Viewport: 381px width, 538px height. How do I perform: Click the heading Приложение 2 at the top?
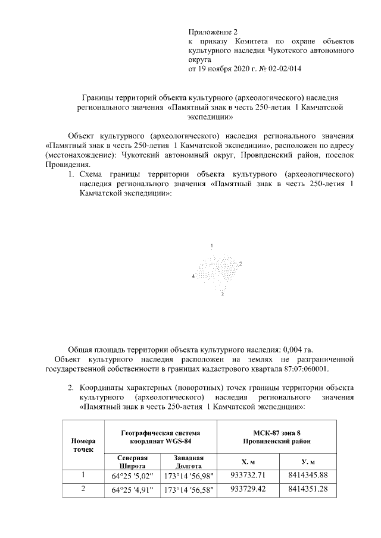[x=213, y=32]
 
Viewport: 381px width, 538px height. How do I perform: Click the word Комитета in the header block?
[x=241, y=42]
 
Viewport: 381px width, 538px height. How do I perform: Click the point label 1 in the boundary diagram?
[x=211, y=246]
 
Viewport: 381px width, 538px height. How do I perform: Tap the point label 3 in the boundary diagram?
[x=222, y=294]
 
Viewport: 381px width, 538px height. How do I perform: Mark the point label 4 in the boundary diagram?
[x=193, y=277]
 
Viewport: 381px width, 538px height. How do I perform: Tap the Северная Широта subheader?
[x=132, y=462]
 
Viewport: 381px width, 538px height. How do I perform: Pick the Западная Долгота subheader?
[x=188, y=462]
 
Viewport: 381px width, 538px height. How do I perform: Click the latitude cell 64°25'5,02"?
[x=132, y=476]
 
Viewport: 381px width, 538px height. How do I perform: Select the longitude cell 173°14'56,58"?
[x=189, y=490]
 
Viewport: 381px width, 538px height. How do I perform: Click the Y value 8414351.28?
[x=308, y=489]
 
